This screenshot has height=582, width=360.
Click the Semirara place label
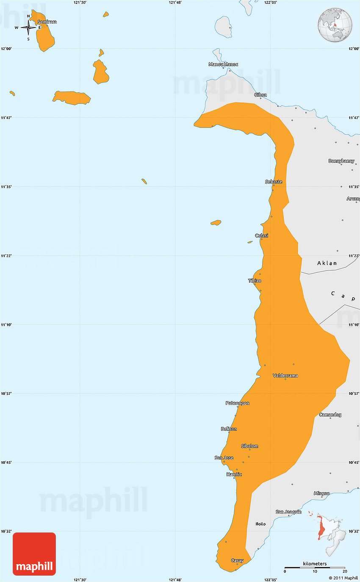[47, 22]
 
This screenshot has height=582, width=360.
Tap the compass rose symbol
[28, 28]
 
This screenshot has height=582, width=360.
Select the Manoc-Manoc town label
[223, 64]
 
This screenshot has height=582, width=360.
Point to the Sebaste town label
[274, 182]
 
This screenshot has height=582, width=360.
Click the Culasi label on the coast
[261, 236]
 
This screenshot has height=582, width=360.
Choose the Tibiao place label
[255, 280]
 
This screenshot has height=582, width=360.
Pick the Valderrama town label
[285, 375]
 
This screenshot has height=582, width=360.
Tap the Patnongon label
[237, 403]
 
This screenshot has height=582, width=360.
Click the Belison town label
[229, 429]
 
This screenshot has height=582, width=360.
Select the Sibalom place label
[249, 446]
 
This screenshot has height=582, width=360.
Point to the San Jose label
[224, 457]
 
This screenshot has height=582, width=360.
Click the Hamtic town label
[234, 474]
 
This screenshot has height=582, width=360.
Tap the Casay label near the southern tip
[237, 560]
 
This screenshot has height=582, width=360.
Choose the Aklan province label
[327, 263]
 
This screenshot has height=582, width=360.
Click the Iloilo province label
[260, 524]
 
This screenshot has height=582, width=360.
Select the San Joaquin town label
[288, 512]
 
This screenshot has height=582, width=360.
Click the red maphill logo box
[34, 554]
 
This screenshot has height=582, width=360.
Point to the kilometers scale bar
[315, 567]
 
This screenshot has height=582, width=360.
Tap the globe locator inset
[335, 25]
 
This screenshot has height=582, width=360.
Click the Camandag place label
[330, 414]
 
